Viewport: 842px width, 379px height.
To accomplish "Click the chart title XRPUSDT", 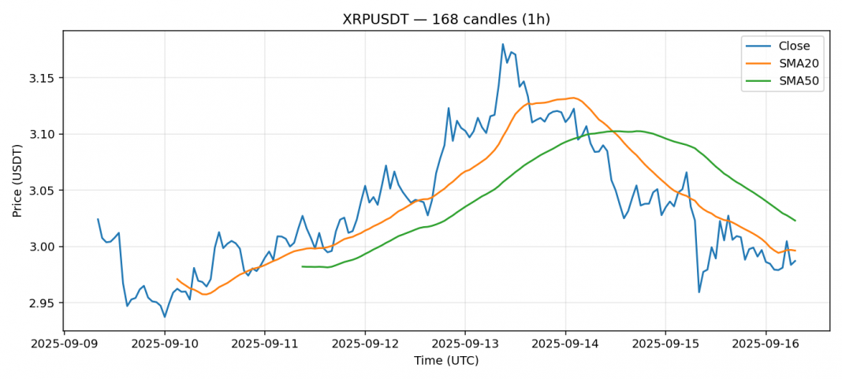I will (446, 19).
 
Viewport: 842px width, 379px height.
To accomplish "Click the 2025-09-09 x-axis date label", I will (65, 344).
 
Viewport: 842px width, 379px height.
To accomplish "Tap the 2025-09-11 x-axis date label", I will (265, 344).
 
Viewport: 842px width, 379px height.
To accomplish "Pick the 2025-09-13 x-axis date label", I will (465, 344).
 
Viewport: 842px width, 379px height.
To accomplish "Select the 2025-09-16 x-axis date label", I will (766, 344).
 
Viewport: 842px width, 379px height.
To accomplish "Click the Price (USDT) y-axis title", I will (17, 180).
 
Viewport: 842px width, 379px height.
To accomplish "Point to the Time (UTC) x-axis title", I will (446, 361).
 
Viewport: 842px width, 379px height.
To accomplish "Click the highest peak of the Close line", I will (503, 44).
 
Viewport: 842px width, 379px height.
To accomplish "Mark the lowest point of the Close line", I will (165, 317).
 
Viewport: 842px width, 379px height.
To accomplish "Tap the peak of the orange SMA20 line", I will (572, 98).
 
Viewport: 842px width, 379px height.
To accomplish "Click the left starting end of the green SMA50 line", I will (303, 266).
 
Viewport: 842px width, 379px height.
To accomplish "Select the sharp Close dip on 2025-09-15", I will (699, 292).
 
